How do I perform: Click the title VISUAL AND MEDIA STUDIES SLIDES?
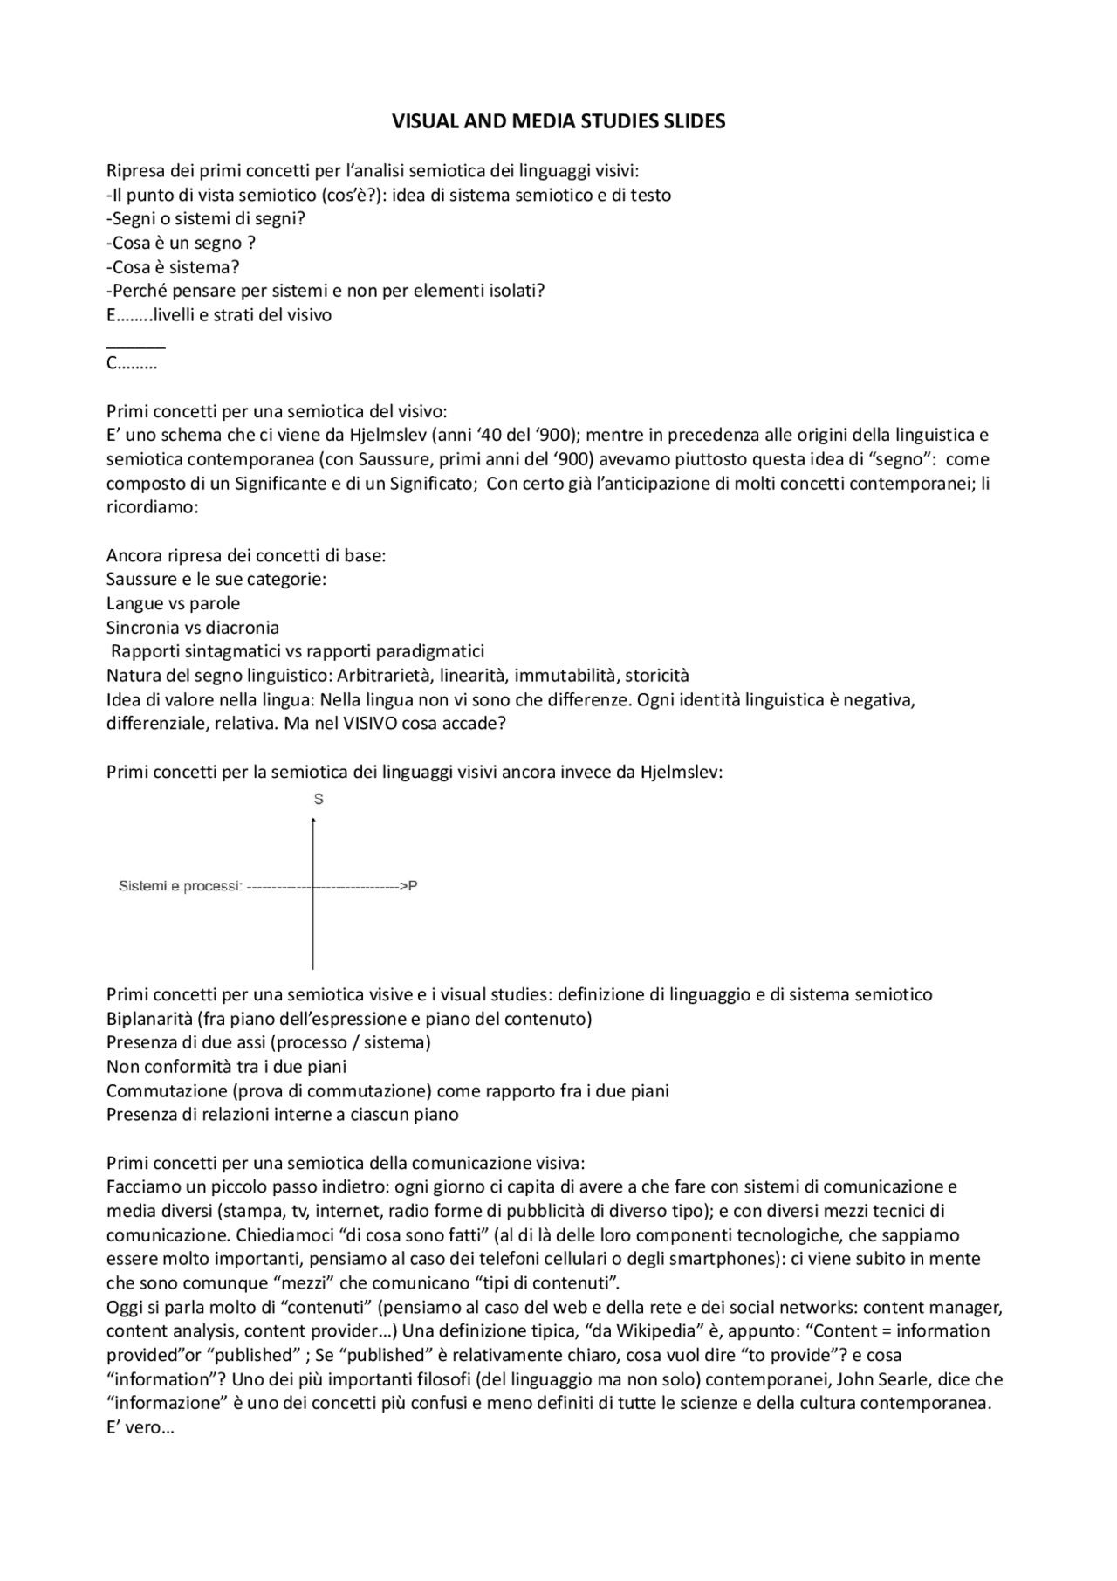558,122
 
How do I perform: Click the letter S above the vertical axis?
319,799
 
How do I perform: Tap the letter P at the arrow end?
413,886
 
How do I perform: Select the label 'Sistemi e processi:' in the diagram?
180,886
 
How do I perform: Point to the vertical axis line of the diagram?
313,925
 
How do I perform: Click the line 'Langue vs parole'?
173,603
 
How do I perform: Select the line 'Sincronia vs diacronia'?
193,628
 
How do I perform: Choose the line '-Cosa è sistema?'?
173,267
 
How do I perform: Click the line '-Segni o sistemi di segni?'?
206,219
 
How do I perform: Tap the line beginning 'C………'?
132,364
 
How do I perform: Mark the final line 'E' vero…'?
140,1428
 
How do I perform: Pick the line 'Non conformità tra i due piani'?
227,1067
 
